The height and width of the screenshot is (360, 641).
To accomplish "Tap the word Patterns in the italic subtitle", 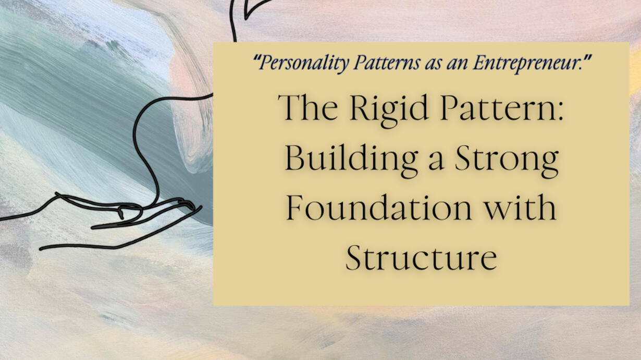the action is click(387, 63).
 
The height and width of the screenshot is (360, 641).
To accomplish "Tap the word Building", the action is click(351, 161).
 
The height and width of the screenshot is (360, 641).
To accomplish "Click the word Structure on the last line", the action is click(421, 257).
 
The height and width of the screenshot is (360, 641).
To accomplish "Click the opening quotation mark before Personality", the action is click(256, 58).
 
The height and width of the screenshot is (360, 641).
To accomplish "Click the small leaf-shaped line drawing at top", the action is click(252, 8).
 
